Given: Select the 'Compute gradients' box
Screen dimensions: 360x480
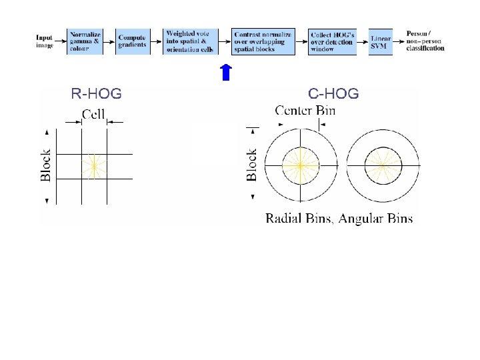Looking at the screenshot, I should click(x=133, y=41).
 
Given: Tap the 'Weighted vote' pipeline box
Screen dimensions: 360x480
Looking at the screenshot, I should click(x=191, y=41).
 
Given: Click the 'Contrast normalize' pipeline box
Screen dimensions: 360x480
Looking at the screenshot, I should click(x=263, y=41).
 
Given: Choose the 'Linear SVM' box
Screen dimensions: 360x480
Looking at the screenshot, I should click(x=380, y=41).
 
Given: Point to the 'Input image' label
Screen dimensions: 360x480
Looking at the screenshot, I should click(x=45, y=41).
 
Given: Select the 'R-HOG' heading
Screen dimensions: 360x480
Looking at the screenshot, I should click(x=96, y=94).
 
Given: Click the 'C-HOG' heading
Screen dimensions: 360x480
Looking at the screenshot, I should click(x=333, y=94).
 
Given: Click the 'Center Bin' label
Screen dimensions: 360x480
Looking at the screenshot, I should click(x=305, y=109).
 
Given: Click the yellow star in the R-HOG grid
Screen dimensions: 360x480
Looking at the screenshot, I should click(x=94, y=166).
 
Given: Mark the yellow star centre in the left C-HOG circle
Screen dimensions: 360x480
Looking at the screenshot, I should click(x=301, y=165).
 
